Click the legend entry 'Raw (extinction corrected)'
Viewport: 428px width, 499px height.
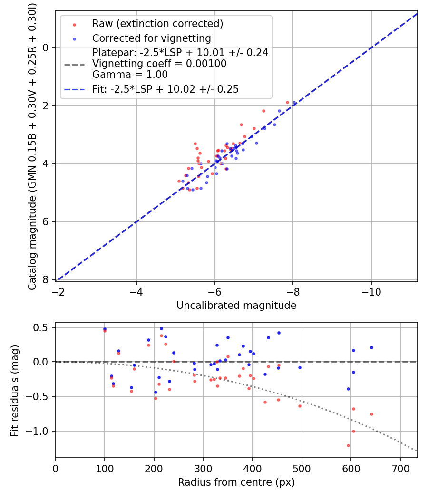click(x=157, y=24)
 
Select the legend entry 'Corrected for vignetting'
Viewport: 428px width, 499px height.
click(x=151, y=38)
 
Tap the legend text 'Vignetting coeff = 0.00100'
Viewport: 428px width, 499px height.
click(x=159, y=64)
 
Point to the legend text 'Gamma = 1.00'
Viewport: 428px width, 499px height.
click(x=130, y=75)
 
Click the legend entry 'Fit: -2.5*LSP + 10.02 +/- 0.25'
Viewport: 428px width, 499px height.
click(x=165, y=89)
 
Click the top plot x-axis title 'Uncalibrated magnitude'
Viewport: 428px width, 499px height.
click(x=236, y=306)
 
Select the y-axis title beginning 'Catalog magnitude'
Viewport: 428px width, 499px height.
click(x=32, y=144)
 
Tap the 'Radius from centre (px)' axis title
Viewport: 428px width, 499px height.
click(x=236, y=482)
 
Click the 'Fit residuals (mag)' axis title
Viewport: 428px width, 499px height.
click(x=15, y=391)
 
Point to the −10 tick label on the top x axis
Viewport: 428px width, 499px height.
click(x=371, y=291)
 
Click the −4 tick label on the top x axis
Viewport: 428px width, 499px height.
click(x=136, y=291)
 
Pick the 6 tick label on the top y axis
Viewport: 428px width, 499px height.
click(x=46, y=221)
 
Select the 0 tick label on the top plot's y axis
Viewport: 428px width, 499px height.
click(x=46, y=48)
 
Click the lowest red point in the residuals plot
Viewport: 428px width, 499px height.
click(x=348, y=445)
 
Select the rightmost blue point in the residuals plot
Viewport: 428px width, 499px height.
click(x=371, y=347)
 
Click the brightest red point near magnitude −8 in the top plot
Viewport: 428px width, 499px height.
click(x=287, y=102)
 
